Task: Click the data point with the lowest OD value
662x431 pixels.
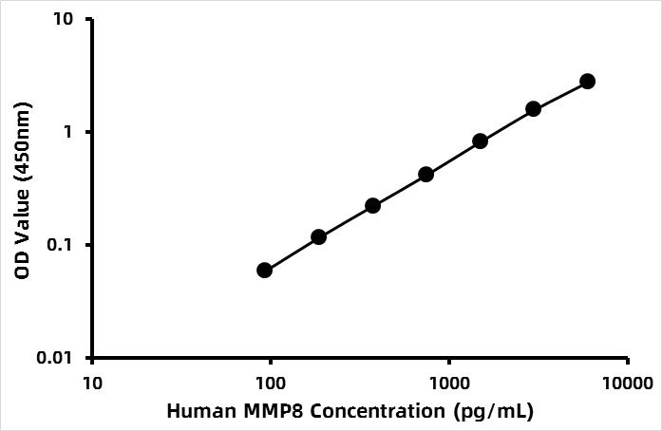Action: click(x=264, y=271)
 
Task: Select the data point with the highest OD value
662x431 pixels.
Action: click(x=587, y=82)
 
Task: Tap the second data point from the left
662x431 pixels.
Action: click(x=318, y=236)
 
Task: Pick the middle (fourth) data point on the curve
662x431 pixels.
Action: click(x=426, y=175)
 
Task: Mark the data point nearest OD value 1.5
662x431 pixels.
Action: click(x=533, y=109)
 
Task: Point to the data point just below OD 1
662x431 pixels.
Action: click(x=480, y=141)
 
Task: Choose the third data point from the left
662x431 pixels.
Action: click(x=372, y=206)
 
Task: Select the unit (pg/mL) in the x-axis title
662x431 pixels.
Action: click(x=491, y=412)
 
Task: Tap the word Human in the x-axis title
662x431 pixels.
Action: click(x=196, y=412)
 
